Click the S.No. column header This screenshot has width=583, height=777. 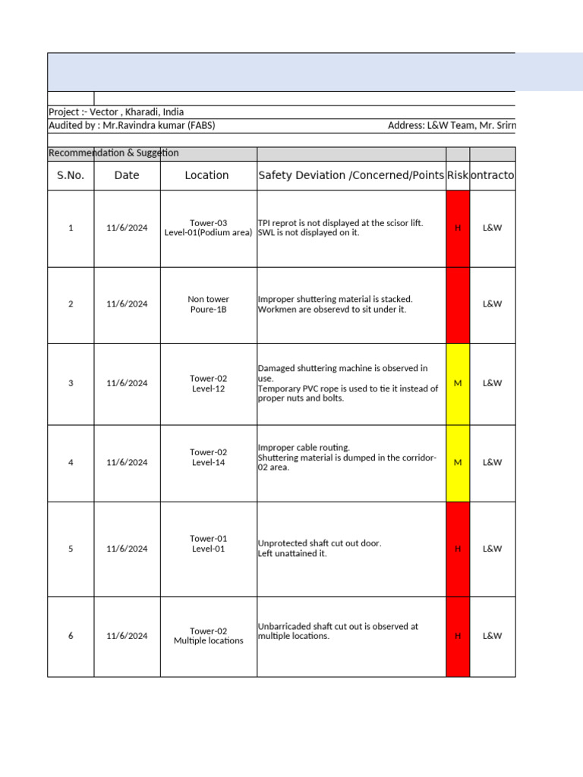pyautogui.click(x=71, y=175)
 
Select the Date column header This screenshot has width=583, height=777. pyautogui.click(x=127, y=175)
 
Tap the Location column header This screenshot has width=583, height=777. pyautogui.click(x=206, y=175)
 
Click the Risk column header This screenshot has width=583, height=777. pyautogui.click(x=457, y=175)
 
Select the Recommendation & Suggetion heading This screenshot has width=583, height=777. pyautogui.click(x=114, y=153)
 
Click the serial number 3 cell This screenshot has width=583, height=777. pyautogui.click(x=71, y=383)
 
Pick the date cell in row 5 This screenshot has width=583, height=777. pyautogui.click(x=127, y=549)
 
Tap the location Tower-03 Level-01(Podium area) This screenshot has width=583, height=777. pyautogui.click(x=208, y=228)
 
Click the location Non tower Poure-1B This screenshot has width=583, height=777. pyautogui.click(x=208, y=304)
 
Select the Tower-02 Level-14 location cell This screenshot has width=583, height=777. pyautogui.click(x=208, y=458)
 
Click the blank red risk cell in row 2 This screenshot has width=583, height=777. pyautogui.click(x=457, y=304)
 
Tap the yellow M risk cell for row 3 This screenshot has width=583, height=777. pyautogui.click(x=457, y=383)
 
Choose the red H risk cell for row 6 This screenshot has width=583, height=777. pyautogui.click(x=457, y=636)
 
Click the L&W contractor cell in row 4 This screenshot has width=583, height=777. pyautogui.click(x=492, y=462)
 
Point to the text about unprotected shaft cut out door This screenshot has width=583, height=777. pyautogui.click(x=320, y=544)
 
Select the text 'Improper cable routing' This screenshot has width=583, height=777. pyautogui.click(x=304, y=448)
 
